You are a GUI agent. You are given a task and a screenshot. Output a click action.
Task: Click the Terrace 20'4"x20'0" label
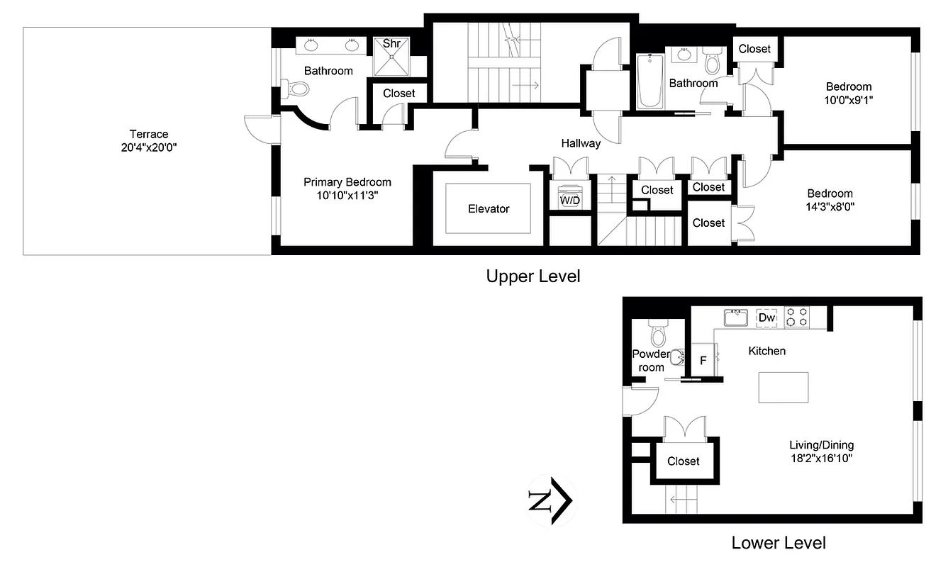pos(148,141)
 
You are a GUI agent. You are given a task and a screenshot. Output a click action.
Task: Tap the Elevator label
pos(489,208)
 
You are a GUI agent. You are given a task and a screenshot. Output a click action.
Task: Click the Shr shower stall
pos(392,56)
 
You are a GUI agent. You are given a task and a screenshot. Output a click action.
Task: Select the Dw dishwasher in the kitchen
pos(767,318)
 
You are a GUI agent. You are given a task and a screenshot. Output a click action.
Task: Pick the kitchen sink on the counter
pos(736,317)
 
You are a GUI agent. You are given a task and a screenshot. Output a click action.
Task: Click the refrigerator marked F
pos(703,360)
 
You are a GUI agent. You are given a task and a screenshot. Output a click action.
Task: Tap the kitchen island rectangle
pos(783,387)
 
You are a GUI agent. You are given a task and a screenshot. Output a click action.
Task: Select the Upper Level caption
pos(532,276)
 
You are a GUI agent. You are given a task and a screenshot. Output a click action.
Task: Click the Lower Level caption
pos(779,544)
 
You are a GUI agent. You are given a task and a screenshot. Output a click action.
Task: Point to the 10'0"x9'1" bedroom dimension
pos(848,100)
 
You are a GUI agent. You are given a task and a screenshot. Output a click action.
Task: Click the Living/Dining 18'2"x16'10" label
pos(821,451)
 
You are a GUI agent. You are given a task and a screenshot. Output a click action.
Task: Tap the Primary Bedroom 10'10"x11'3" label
pos(347,189)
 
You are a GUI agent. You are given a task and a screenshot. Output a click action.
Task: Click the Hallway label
pos(581,143)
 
